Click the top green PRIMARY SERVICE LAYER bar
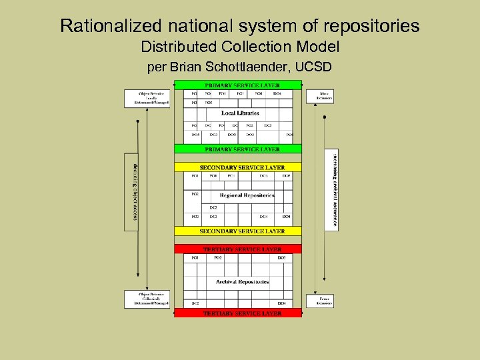(x=238, y=85)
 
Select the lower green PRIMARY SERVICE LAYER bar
(x=238, y=149)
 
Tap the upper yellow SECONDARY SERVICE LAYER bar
(x=238, y=167)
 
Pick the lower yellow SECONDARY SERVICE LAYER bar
(x=238, y=231)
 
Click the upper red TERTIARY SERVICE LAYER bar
(x=238, y=249)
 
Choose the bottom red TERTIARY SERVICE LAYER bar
(x=238, y=313)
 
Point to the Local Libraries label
(x=240, y=113)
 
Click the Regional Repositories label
(x=247, y=195)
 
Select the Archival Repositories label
(x=242, y=282)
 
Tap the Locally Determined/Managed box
(x=147, y=97)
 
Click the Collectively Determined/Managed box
(x=147, y=299)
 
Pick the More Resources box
(x=319, y=96)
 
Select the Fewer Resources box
(x=319, y=301)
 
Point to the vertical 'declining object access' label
(x=133, y=192)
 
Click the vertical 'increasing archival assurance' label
(x=332, y=190)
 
